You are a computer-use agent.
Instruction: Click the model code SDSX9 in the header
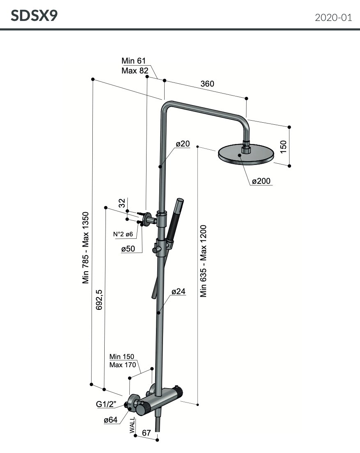tap(34, 16)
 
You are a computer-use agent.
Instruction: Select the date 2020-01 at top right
tap(333, 18)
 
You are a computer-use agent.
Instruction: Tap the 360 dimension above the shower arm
tap(207, 84)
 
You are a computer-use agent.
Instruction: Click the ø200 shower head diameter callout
tap(261, 181)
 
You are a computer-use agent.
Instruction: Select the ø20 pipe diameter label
tap(182, 144)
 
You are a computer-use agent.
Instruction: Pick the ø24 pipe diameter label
tap(179, 292)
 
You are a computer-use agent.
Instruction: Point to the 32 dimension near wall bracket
tap(122, 203)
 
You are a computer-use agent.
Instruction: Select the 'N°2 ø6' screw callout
tap(123, 234)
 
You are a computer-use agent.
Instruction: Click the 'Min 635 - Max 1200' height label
tap(204, 260)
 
